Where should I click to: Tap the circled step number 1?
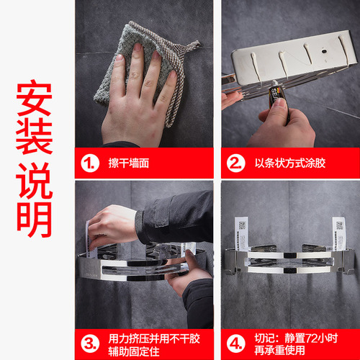[90, 163]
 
